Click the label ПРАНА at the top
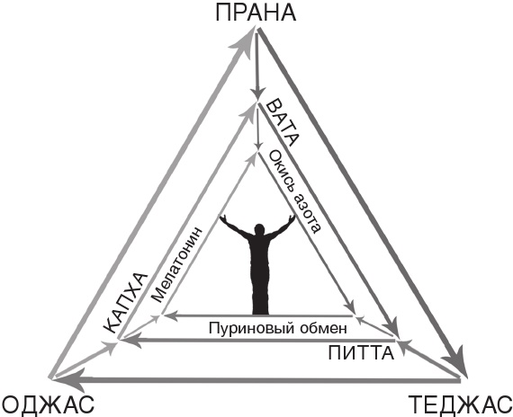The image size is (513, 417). pos(256,13)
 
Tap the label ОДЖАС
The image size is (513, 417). pos(48,404)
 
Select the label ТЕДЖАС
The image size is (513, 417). pos(461,404)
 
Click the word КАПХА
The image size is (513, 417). pos(125,303)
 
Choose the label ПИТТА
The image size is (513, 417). pos(361,353)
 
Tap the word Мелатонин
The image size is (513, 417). pos(177,264)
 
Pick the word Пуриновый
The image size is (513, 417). pos(251,328)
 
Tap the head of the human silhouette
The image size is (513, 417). pos(259,230)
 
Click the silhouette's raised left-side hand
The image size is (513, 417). pos(224,218)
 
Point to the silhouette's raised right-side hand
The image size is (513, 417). pos(291,218)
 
